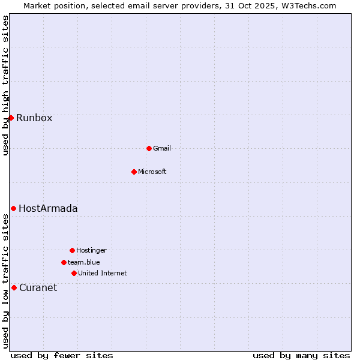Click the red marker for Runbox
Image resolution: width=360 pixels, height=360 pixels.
[x=11, y=118]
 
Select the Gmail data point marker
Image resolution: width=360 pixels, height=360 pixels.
[x=149, y=148]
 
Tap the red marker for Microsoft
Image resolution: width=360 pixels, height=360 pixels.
[x=134, y=172]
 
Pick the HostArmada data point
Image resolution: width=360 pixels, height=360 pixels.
[x=13, y=208]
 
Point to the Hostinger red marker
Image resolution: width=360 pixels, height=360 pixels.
[x=72, y=250]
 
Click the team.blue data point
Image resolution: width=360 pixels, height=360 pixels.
[x=64, y=262]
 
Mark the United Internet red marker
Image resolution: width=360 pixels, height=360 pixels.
[x=74, y=273]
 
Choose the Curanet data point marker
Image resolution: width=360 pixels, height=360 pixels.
[x=14, y=287]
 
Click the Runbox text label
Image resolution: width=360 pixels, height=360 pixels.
[x=34, y=118]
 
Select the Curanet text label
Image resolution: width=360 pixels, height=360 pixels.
[x=38, y=287]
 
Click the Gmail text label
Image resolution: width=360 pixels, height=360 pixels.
[x=162, y=148]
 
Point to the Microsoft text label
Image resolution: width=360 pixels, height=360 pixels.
[x=152, y=172]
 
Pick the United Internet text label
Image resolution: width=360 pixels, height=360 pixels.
[x=102, y=273]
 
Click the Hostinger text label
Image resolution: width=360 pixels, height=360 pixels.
[x=91, y=250]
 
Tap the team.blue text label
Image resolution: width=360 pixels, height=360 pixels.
[x=83, y=262]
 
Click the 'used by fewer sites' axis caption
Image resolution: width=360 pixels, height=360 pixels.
[x=62, y=355]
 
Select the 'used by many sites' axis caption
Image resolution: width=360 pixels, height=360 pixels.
[x=301, y=355]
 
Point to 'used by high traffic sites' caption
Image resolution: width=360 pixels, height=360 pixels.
[x=5, y=85]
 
